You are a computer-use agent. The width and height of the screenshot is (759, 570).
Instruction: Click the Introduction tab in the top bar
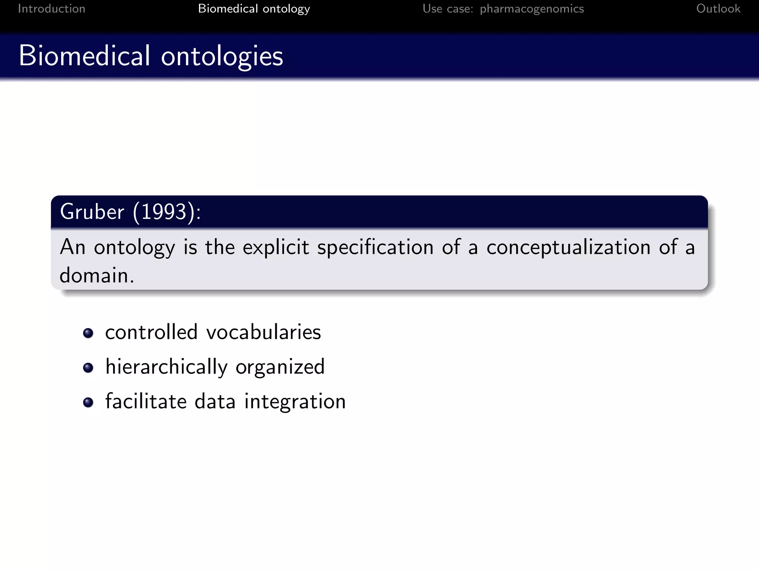[x=52, y=9]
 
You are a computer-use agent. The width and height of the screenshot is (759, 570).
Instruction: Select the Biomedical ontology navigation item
[x=254, y=9]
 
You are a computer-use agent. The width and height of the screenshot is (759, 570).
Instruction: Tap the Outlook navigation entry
[x=718, y=9]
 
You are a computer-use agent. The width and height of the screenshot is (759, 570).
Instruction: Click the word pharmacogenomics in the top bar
[x=532, y=9]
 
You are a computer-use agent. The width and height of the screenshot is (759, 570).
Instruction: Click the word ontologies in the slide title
[x=222, y=56]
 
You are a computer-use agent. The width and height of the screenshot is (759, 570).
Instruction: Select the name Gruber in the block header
[x=92, y=212]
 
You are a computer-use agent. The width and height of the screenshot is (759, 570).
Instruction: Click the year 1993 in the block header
[x=164, y=212]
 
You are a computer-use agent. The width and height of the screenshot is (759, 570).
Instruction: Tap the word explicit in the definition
[x=276, y=247]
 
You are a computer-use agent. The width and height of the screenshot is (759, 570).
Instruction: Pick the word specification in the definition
[x=375, y=248]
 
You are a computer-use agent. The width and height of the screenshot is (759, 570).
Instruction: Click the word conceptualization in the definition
[x=568, y=247]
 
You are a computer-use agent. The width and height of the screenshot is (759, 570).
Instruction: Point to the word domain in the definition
[x=94, y=275]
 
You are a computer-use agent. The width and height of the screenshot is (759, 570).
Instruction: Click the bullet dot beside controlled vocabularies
[x=88, y=333]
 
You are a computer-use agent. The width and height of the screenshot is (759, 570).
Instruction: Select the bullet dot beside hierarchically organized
[x=88, y=367]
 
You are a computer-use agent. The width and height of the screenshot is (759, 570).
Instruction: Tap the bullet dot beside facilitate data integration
[x=88, y=402]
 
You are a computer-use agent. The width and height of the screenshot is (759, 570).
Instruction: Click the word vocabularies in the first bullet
[x=264, y=332]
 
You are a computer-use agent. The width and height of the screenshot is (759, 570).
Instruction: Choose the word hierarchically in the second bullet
[x=166, y=367]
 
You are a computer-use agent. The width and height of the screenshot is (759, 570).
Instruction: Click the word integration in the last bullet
[x=295, y=402]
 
